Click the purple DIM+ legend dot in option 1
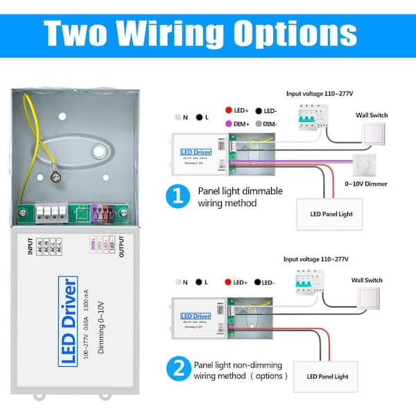click(x=228, y=122)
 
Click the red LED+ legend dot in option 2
click(x=228, y=282)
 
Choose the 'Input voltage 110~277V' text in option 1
click(x=320, y=92)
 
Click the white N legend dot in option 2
click(x=179, y=282)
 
